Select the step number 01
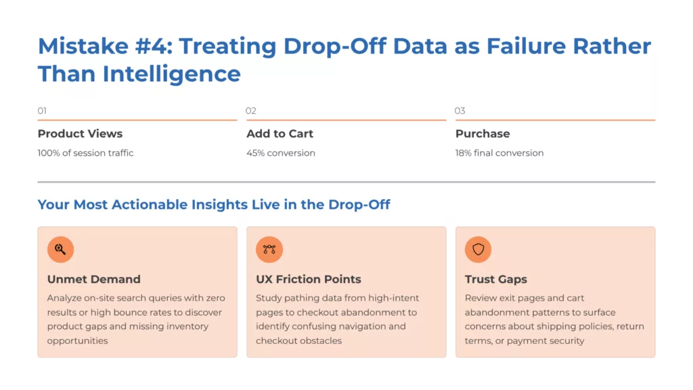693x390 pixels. [42, 110]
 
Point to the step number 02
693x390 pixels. [251, 110]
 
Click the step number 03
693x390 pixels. [460, 110]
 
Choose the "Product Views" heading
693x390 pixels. [80, 133]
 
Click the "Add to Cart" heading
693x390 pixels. [279, 133]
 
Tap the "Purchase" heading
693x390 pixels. [483, 133]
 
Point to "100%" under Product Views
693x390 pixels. [49, 153]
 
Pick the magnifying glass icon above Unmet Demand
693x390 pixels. [60, 249]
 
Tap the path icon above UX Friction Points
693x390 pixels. [269, 249]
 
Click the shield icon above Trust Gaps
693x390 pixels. [478, 249]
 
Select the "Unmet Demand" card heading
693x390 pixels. [93, 279]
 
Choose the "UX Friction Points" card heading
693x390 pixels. [308, 279]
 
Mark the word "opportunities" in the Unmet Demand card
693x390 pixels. [77, 341]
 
